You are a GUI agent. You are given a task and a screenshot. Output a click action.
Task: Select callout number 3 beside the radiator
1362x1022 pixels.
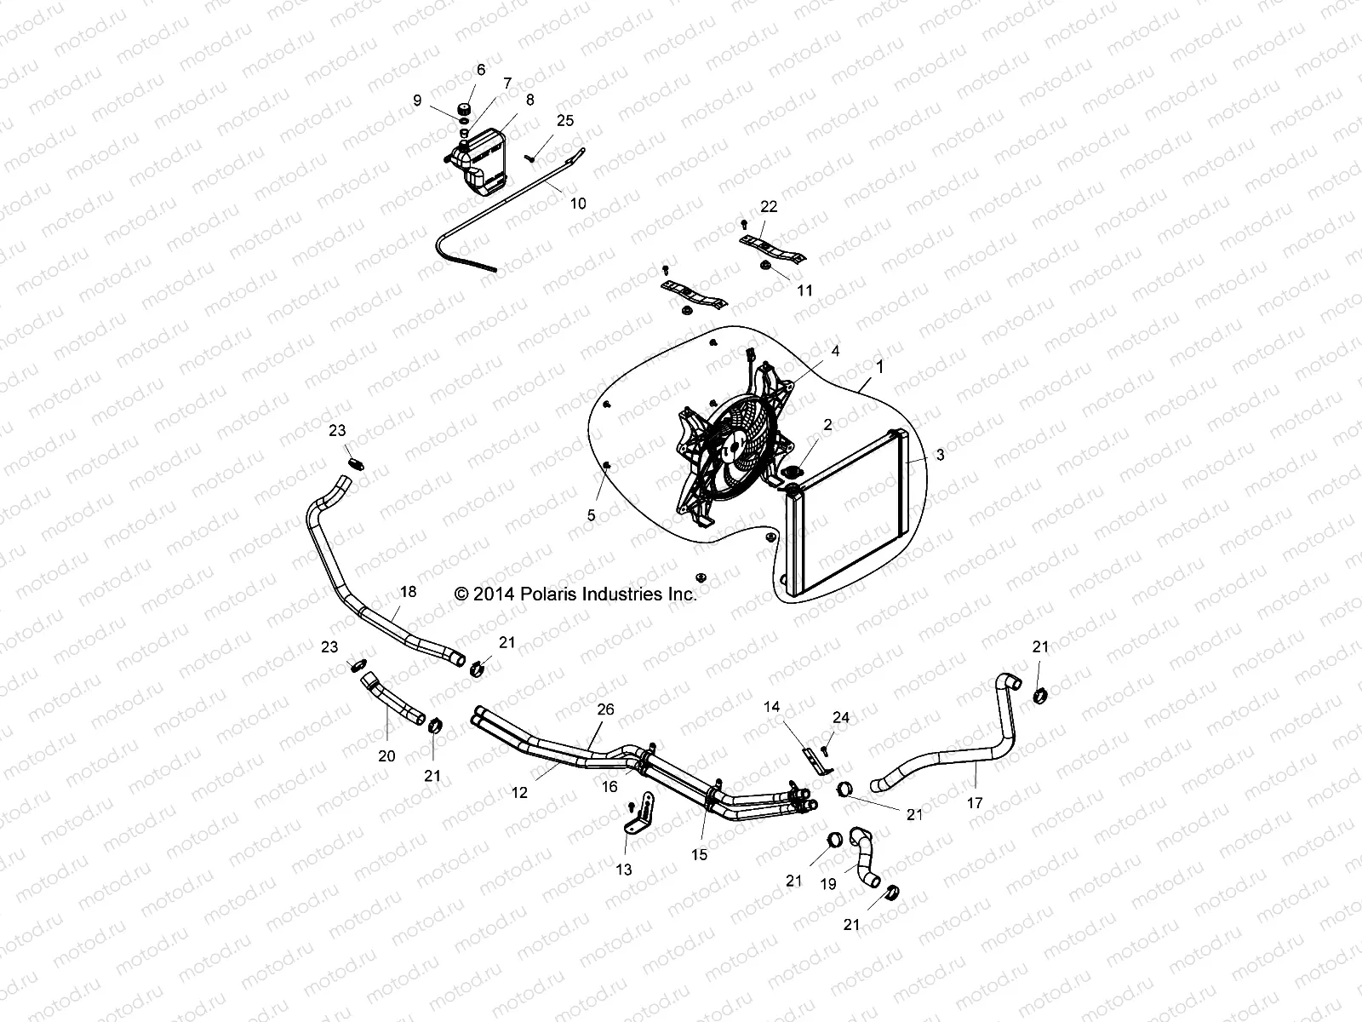tap(940, 456)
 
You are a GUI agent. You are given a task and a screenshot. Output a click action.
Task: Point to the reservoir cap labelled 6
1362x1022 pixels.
tap(466, 109)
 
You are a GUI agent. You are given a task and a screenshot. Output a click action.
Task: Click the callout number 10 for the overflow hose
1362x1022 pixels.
tap(578, 204)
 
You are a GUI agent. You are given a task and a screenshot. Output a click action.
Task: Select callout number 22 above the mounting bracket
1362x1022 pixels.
tap(769, 207)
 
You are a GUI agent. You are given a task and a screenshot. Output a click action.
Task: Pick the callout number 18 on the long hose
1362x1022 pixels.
tap(409, 591)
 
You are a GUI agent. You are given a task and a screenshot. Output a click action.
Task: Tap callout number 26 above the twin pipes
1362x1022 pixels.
tap(605, 709)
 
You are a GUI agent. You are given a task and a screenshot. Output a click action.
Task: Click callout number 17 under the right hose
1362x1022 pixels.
tap(975, 802)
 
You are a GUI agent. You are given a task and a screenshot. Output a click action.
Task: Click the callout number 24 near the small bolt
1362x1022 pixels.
tap(841, 718)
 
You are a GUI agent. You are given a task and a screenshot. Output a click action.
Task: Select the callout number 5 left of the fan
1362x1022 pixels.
tap(592, 515)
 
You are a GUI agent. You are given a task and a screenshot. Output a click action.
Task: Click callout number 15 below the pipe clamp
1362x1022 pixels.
tap(699, 855)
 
